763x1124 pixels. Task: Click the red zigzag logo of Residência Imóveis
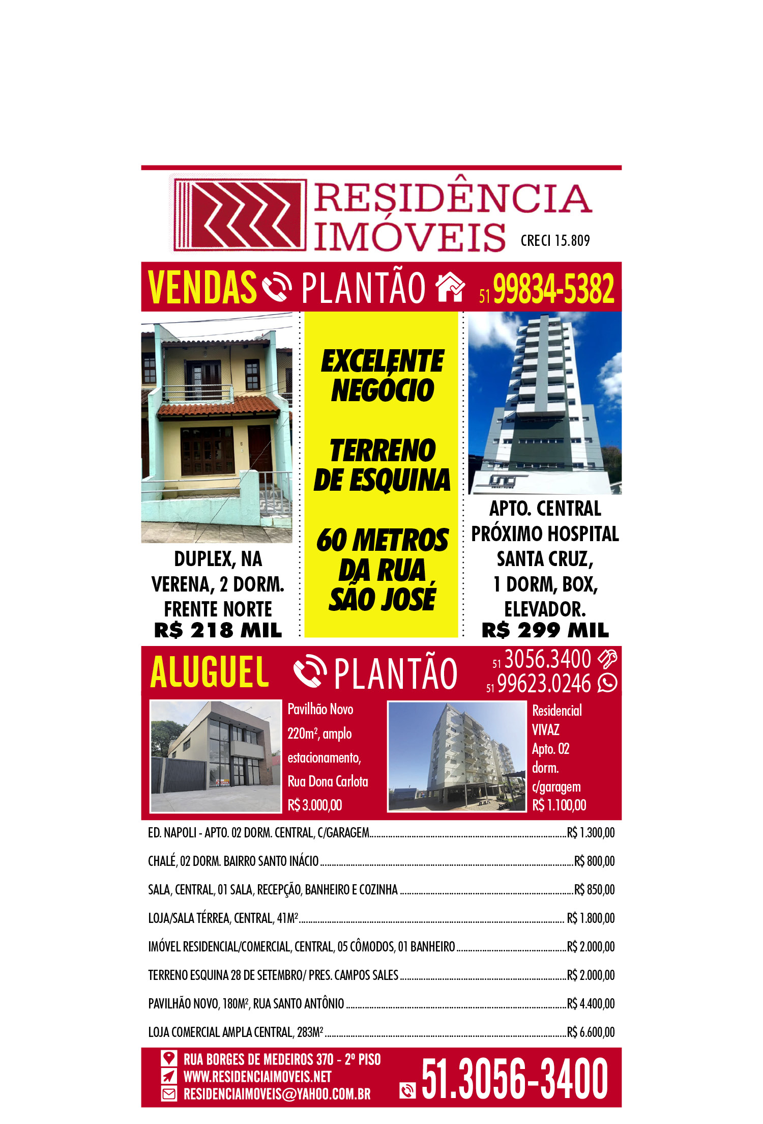coord(239,214)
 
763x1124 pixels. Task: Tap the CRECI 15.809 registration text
coord(555,241)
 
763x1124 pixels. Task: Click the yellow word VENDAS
coord(202,288)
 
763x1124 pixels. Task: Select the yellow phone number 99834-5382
coord(553,289)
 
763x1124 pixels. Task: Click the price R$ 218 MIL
coord(218,630)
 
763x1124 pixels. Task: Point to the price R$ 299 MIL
coord(545,630)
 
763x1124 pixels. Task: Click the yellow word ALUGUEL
coord(210,672)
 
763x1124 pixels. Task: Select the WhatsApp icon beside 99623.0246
coord(607,683)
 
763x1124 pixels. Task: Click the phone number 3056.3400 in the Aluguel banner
coord(547,659)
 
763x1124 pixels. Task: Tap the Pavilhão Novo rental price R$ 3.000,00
coord(315,805)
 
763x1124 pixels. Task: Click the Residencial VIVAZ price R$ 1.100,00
coord(559,805)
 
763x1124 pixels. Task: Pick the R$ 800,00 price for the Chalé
coord(594,861)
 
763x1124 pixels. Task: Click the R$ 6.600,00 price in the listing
coord(591,1032)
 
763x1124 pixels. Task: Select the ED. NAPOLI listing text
coord(258,833)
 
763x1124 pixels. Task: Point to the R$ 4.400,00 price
coord(591,1003)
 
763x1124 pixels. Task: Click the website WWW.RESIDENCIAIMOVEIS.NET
coord(257,1076)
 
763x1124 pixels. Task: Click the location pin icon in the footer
coord(169,1058)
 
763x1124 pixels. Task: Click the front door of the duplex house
coord(260,448)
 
